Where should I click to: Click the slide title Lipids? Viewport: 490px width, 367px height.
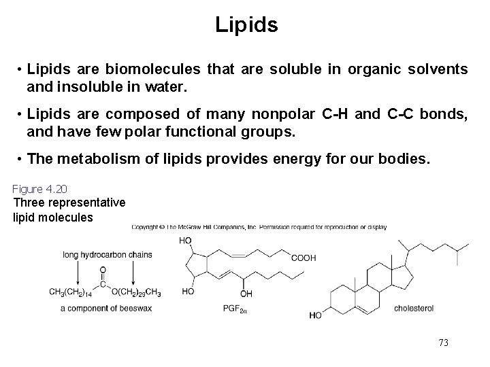click(246, 25)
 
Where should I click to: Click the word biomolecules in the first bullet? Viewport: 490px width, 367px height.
click(157, 69)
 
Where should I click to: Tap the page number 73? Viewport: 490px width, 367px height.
click(444, 343)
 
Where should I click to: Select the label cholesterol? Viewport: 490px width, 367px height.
click(414, 308)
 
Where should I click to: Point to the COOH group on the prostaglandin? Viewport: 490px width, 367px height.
click(304, 258)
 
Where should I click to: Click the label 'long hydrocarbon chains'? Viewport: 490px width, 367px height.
click(107, 255)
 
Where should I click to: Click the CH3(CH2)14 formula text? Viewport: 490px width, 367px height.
click(71, 292)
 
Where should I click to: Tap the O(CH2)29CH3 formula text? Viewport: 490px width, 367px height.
click(135, 292)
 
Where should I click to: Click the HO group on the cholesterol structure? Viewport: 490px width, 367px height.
click(316, 315)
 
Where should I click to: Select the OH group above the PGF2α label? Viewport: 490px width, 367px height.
click(246, 294)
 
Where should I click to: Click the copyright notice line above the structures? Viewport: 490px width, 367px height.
click(259, 227)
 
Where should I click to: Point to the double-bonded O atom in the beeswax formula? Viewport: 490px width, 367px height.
click(103, 269)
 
